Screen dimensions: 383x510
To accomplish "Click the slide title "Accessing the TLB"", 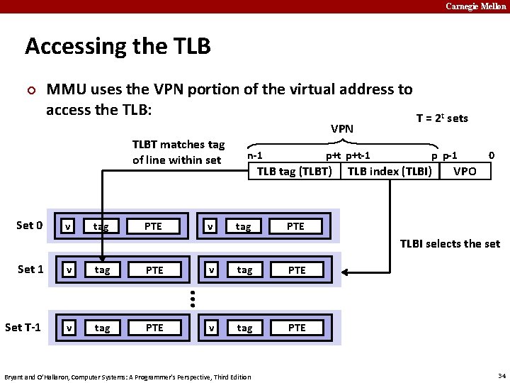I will click(118, 47).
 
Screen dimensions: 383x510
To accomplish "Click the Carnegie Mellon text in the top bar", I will click(475, 6).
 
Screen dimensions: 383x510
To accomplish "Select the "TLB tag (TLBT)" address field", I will click(294, 171).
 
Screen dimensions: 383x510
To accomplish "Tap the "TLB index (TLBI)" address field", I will click(390, 171).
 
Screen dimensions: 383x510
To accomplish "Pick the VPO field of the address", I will click(465, 171).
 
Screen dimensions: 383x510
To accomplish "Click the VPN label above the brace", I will click(342, 129).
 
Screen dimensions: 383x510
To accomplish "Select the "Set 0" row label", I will click(30, 226).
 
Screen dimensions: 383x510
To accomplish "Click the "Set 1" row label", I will click(30, 270).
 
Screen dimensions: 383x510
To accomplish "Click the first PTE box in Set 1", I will click(154, 270).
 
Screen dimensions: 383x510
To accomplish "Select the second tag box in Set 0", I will click(243, 226).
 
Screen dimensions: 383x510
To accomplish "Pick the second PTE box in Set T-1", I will click(297, 328).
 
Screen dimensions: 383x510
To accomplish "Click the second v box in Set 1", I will click(210, 270).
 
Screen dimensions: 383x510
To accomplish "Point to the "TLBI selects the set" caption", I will click(450, 244).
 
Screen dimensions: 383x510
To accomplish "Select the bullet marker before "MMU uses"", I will click(30, 91).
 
